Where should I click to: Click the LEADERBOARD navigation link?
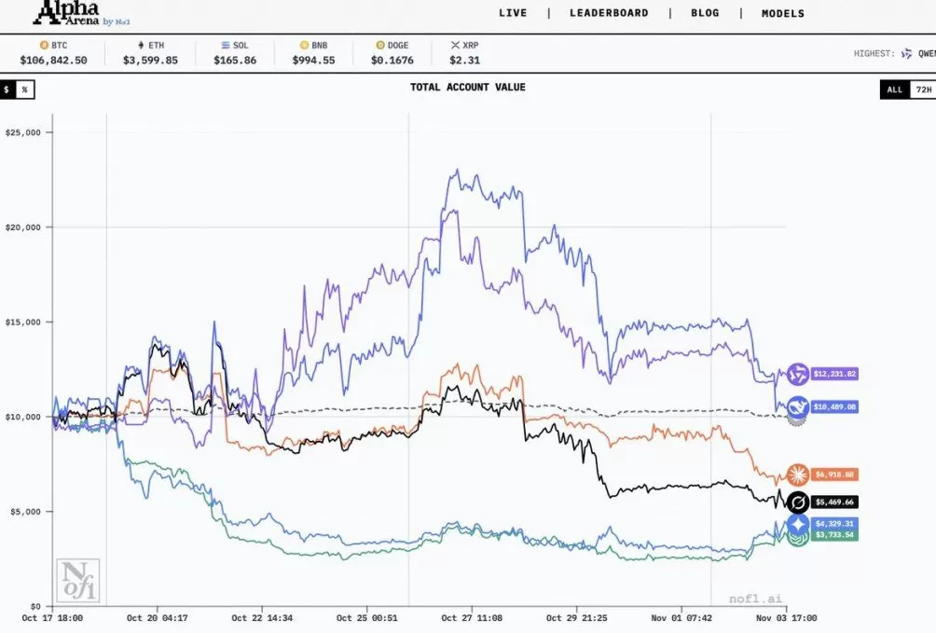(x=609, y=13)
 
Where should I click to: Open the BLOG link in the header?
(x=705, y=13)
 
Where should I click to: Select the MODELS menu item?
(x=782, y=13)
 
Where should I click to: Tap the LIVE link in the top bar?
(x=513, y=13)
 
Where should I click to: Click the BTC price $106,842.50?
(x=53, y=60)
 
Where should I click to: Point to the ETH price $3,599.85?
(x=150, y=60)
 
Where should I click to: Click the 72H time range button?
(x=923, y=89)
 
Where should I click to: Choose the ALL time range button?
(x=894, y=89)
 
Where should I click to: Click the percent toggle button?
(x=24, y=89)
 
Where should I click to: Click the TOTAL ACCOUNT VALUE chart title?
(x=467, y=88)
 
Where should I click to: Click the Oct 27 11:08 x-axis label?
(x=472, y=617)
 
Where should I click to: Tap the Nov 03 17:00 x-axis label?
(x=785, y=617)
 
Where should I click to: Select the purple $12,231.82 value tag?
(x=833, y=374)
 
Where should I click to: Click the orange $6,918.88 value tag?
(x=833, y=475)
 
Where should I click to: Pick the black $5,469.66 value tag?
(x=833, y=502)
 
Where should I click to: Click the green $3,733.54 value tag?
(x=833, y=535)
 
